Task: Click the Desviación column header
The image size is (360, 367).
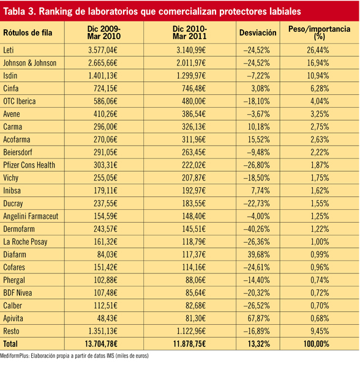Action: (x=258, y=32)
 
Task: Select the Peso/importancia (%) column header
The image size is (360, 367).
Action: (x=319, y=32)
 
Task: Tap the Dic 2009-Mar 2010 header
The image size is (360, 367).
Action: (x=103, y=32)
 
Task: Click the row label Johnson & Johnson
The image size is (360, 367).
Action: (x=30, y=63)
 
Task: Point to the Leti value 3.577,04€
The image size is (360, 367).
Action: (x=103, y=50)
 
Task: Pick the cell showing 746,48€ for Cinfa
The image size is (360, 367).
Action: (x=193, y=89)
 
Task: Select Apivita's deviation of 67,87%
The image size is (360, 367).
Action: (x=258, y=318)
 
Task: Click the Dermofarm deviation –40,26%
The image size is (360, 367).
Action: (x=257, y=229)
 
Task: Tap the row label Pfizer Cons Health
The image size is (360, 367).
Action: (x=29, y=165)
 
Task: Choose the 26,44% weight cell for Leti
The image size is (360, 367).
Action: (x=318, y=50)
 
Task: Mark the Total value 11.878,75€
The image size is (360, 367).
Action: (x=189, y=344)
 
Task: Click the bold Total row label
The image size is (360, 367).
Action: (x=10, y=344)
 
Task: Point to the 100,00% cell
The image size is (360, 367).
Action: (x=317, y=344)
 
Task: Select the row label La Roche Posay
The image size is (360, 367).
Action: (x=25, y=242)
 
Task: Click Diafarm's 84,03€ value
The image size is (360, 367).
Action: (x=107, y=254)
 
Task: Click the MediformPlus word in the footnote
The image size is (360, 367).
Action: (x=14, y=356)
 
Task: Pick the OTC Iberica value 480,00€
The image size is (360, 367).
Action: (x=193, y=101)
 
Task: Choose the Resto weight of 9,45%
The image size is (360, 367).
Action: (x=320, y=331)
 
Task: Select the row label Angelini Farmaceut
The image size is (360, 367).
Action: (x=31, y=217)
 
